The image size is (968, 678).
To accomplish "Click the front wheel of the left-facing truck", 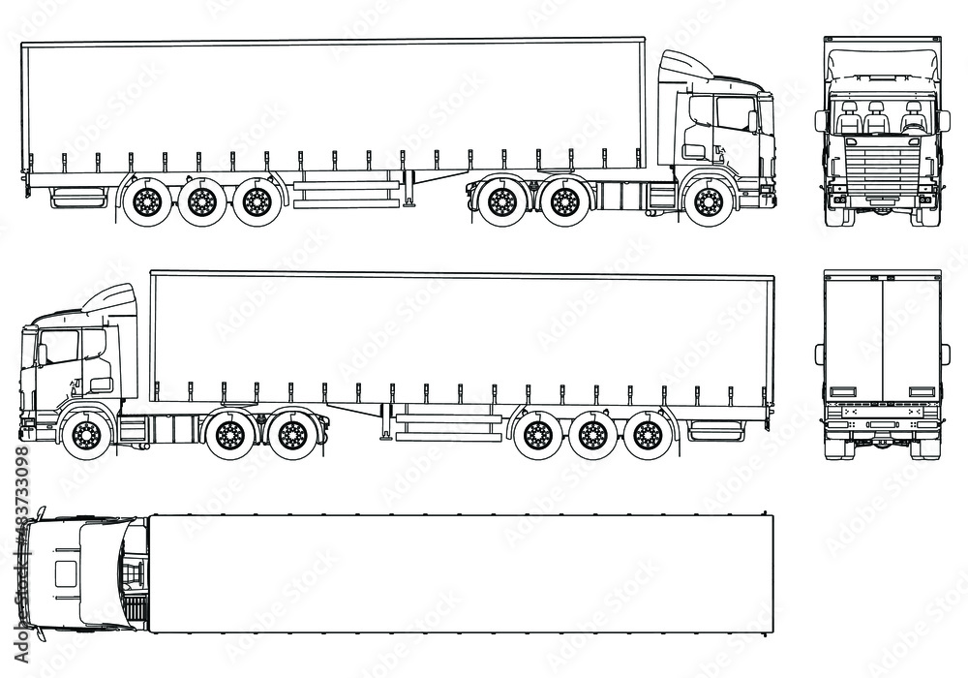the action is pos(85,435).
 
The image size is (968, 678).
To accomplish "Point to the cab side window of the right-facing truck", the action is pos(734,114).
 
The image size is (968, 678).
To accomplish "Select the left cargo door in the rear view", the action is pos(853,339).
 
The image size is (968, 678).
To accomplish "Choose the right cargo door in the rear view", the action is pos(911,339).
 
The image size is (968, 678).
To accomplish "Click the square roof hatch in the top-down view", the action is pos(65,572).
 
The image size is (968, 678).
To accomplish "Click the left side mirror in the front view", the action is pos(821,121).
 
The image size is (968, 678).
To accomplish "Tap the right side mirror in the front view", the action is pos(943,121).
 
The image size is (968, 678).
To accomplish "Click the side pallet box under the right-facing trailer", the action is pos(347,190).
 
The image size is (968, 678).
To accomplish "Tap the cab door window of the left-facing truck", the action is pos(60,347).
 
